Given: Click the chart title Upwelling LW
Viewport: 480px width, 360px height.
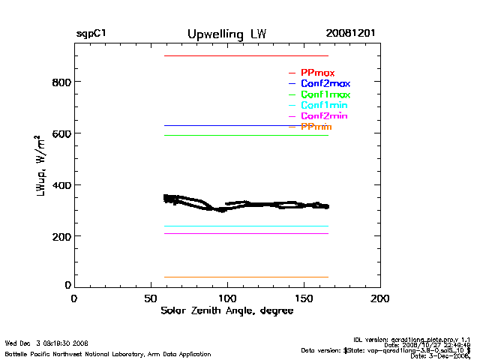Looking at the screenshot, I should coord(226,34).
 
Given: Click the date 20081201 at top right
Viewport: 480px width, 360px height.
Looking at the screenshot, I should coord(351,34).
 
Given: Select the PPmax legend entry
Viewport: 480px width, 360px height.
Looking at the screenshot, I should coord(317,73).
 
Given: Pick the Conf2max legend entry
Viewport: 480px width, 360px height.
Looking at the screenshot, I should coord(325,84).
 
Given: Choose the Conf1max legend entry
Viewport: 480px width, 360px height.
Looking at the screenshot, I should coord(325,94).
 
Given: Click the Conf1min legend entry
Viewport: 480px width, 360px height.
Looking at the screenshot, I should coord(324,106).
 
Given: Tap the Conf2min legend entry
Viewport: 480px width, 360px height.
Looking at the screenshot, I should coord(324,116).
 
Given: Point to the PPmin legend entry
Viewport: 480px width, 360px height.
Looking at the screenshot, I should coord(316,127).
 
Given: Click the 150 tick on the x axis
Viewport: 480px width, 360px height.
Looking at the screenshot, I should coord(304,298).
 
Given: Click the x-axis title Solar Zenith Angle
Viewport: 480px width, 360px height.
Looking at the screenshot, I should coord(226,310).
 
